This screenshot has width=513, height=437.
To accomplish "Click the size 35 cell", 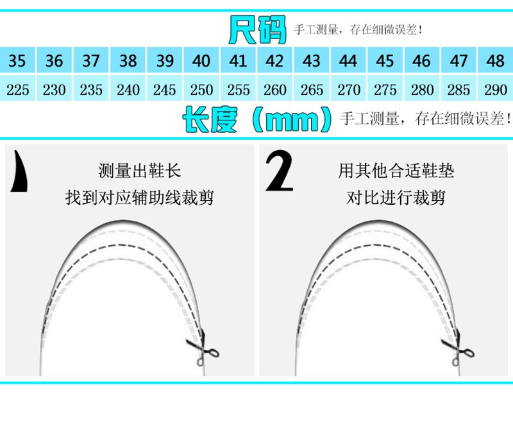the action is point(18,61).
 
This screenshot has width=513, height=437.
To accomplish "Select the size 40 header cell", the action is point(201,61).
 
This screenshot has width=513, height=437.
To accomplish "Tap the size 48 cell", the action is point(495,61).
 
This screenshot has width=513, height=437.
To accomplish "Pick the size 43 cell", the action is point(312,61).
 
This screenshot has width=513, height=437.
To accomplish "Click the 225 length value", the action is point(18,90).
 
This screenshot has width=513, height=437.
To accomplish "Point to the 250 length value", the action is point(201,90).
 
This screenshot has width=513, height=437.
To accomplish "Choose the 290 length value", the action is point(495,90).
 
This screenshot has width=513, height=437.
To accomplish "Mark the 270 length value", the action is point(349,90).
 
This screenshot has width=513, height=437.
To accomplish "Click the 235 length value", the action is point(91,90).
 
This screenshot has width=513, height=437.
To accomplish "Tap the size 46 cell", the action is point(422,61).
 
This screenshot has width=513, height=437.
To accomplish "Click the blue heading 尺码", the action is point(257,30).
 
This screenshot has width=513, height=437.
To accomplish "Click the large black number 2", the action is point(279,171).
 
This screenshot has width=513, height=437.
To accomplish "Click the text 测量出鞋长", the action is point(139,171).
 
